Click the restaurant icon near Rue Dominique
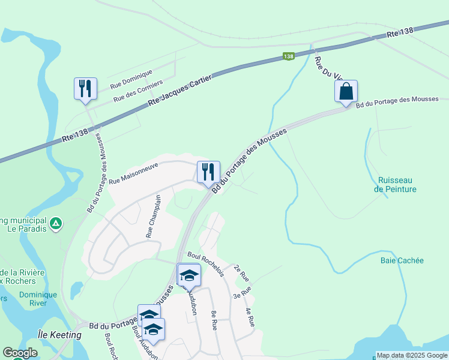pos(85,88)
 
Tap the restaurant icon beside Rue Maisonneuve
pos(208,172)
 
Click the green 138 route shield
pos(288,56)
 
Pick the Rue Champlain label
pos(154,216)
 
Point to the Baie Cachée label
pos(402,260)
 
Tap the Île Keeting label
pos(59,335)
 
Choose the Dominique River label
pos(38,299)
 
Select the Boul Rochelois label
pos(205,263)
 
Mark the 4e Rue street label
pos(250,317)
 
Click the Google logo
pos(20,353)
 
